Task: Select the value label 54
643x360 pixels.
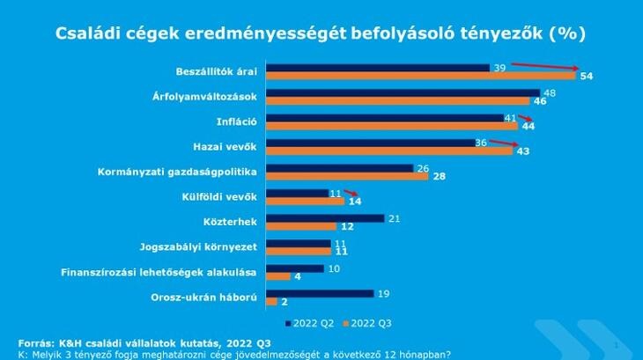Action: coord(587,77)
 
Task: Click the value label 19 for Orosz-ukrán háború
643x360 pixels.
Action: coord(382,293)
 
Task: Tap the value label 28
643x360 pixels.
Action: coord(438,177)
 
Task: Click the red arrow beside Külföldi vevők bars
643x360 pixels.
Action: coord(351,195)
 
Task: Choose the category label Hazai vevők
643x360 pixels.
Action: coord(225,146)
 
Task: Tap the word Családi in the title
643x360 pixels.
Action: coord(88,33)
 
